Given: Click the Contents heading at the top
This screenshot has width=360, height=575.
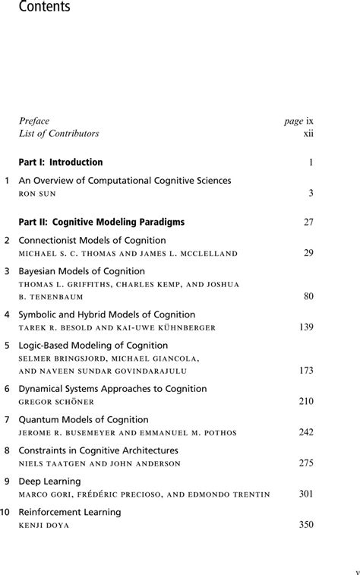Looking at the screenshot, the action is pyautogui.click(x=36, y=8).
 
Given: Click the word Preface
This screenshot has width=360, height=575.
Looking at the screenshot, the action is pyautogui.click(x=34, y=121).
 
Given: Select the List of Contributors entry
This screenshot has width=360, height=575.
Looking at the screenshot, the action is pyautogui.click(x=59, y=134).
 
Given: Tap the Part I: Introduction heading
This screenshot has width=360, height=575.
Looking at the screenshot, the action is pyautogui.click(x=61, y=163).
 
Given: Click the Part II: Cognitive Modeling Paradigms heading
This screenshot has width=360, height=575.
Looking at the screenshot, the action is pyautogui.click(x=102, y=223).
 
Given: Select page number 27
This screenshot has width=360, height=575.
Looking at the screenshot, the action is pyautogui.click(x=308, y=223).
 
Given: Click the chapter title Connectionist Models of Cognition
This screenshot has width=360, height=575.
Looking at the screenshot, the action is pyautogui.click(x=92, y=241).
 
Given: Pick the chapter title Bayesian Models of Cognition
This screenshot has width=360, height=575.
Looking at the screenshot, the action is pyautogui.click(x=81, y=271).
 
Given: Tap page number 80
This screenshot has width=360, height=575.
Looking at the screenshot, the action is pyautogui.click(x=308, y=296).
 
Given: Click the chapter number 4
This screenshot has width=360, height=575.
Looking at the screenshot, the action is pyautogui.click(x=7, y=314).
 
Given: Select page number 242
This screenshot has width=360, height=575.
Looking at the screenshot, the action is pyautogui.click(x=306, y=432).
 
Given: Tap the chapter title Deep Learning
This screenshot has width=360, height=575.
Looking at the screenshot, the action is pyautogui.click(x=49, y=482).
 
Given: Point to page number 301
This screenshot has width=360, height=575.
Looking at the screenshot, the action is pyautogui.click(x=306, y=494).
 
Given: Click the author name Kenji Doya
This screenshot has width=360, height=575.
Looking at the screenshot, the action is pyautogui.click(x=43, y=525).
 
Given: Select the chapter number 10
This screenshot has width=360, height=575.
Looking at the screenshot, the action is pyautogui.click(x=5, y=513).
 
